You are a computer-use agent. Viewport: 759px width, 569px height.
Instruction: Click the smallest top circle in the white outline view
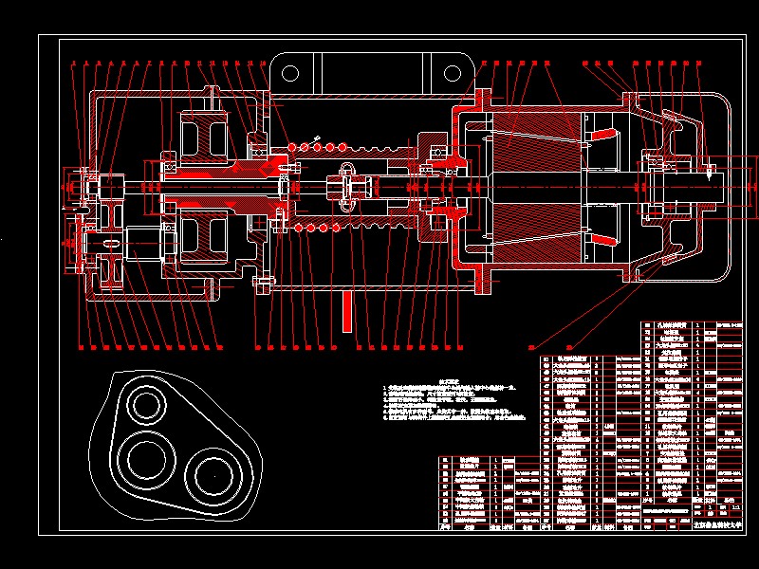point(147,405)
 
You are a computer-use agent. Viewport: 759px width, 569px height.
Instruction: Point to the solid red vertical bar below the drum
point(347,310)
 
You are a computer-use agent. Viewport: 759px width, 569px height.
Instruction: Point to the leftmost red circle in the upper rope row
point(292,147)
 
